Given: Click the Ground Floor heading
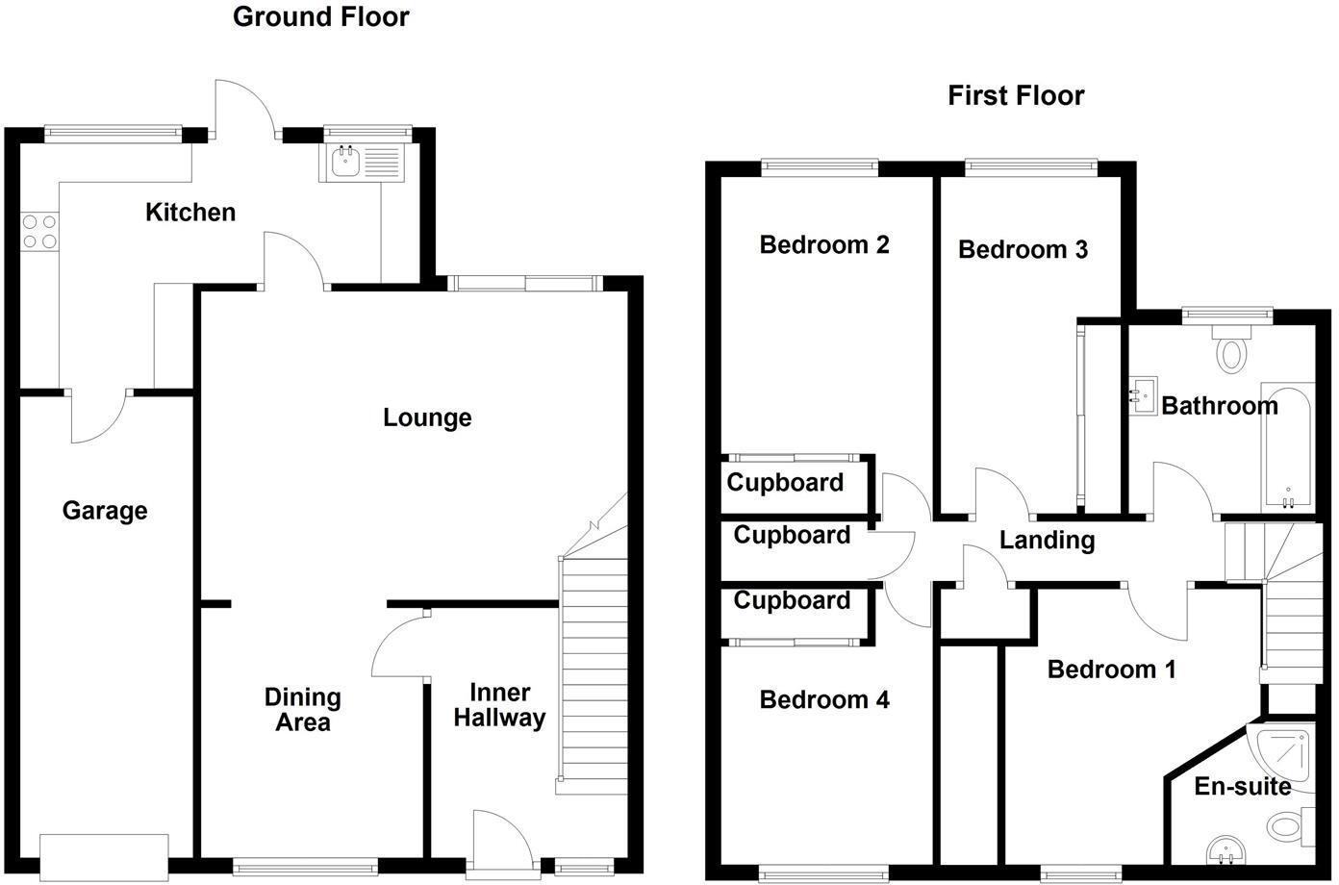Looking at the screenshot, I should tap(320, 17).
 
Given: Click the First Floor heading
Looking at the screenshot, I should tap(1016, 95).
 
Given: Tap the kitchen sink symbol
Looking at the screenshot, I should tap(345, 163).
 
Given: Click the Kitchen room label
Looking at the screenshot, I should tap(190, 213).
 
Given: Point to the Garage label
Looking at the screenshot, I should tap(105, 511).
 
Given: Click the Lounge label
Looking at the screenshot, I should tap(427, 417).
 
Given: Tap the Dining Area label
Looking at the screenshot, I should tap(302, 710).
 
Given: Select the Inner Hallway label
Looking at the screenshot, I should tap(499, 705).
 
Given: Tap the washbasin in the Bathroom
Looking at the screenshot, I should tap(1143, 395).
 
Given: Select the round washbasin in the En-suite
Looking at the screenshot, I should tap(1224, 849).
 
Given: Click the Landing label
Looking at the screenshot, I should tap(1047, 541).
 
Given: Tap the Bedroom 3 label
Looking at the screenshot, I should tap(1023, 250).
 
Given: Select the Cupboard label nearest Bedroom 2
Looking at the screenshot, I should tap(785, 483).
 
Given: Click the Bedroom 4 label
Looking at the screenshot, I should tap(824, 700).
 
